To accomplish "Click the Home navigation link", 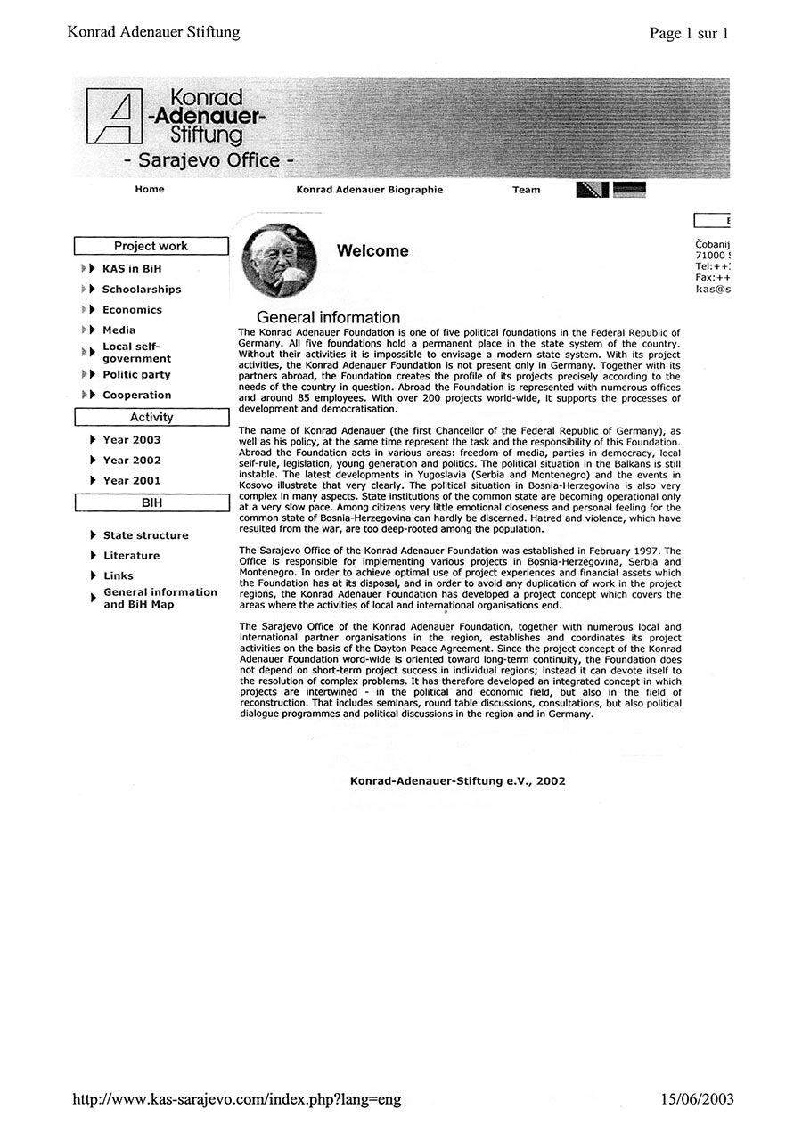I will coord(150,189).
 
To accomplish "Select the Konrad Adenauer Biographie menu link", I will coord(369,190).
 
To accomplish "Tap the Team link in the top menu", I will coord(526,190).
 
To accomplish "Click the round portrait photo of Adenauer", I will coord(279,260).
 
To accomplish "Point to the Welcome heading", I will coord(372,251).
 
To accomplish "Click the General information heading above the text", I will coord(328,317).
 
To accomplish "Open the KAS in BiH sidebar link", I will coord(132,268).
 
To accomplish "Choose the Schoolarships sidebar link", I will coord(141,289).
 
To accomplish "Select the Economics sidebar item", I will coord(132,309).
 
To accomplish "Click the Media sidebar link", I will coord(119,330).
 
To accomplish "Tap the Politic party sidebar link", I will coord(136,374).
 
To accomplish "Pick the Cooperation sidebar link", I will coord(136,395).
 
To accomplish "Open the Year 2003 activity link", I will coord(132,439).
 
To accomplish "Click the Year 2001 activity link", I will coord(132,480).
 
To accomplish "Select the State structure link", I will coord(145,534).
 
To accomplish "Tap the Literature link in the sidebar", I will coord(131,555).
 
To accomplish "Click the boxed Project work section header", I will coord(151,246).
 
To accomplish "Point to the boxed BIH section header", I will coord(151,502).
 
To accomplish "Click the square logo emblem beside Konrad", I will coord(113,117).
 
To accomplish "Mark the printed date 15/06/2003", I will coord(697,1098).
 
